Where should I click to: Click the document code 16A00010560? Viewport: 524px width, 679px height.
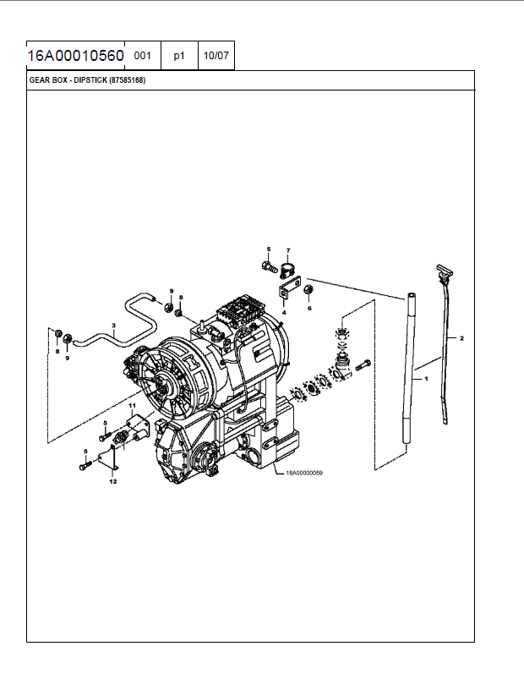coord(76,56)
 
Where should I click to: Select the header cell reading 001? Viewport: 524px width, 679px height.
coord(142,56)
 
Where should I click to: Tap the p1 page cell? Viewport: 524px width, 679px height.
coord(179,56)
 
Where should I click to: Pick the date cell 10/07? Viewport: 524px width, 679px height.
coord(216,56)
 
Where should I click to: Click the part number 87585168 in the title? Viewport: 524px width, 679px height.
coord(128,80)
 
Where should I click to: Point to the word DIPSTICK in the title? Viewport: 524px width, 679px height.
coord(90,80)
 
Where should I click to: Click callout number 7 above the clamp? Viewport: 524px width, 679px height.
coord(288,250)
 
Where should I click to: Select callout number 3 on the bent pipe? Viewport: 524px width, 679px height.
coord(113,326)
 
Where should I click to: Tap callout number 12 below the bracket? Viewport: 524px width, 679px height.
coord(113,481)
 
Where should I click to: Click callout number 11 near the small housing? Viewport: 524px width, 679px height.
coord(133,405)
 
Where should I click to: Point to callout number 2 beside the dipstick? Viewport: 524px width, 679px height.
coord(461,338)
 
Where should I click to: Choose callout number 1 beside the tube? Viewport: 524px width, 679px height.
coord(426,379)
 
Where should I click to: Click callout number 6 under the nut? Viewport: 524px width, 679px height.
coord(309,309)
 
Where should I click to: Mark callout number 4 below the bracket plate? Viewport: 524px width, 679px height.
coord(284,312)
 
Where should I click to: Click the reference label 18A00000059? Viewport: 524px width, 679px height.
coord(304,473)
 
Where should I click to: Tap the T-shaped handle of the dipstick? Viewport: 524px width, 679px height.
coord(445,271)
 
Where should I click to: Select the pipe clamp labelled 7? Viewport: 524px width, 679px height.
coord(287,271)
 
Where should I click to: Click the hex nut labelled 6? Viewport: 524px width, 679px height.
coord(309,289)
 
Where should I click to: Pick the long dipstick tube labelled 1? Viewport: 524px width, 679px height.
coord(408,368)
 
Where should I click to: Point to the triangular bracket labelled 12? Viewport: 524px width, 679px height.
coord(109,459)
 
